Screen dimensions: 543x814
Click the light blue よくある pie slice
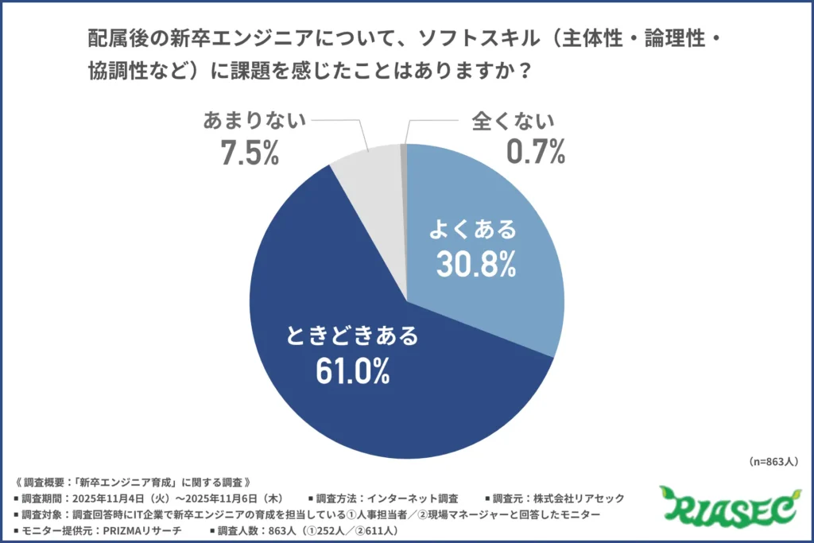point(509,199)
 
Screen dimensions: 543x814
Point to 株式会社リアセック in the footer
point(580,498)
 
